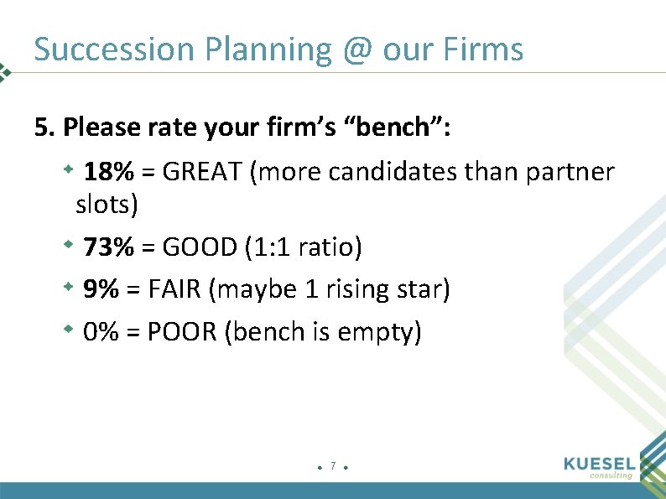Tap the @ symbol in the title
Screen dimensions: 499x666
[x=357, y=49]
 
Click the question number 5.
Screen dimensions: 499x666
[x=44, y=127]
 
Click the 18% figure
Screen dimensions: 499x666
[x=109, y=173]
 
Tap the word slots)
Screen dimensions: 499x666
[x=107, y=204]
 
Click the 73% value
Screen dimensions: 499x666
[x=109, y=247]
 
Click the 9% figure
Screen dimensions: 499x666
[x=101, y=290]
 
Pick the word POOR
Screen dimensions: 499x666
[x=182, y=333]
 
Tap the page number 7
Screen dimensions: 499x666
[x=333, y=465]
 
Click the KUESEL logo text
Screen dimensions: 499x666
[x=601, y=462]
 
